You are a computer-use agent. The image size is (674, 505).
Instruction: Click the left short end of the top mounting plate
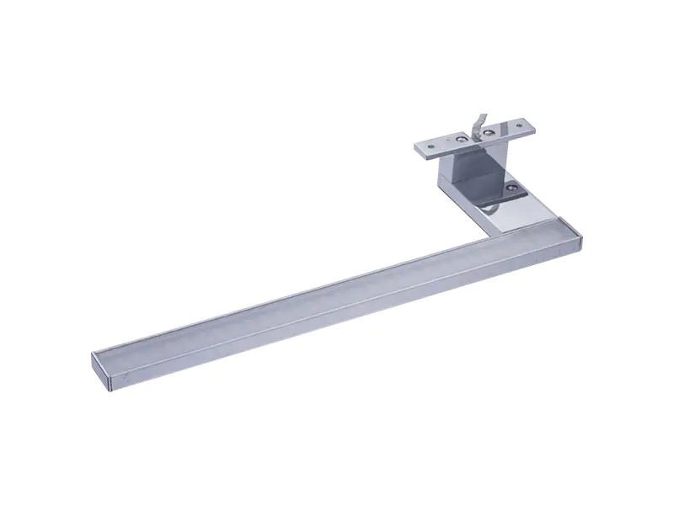click(x=417, y=150)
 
